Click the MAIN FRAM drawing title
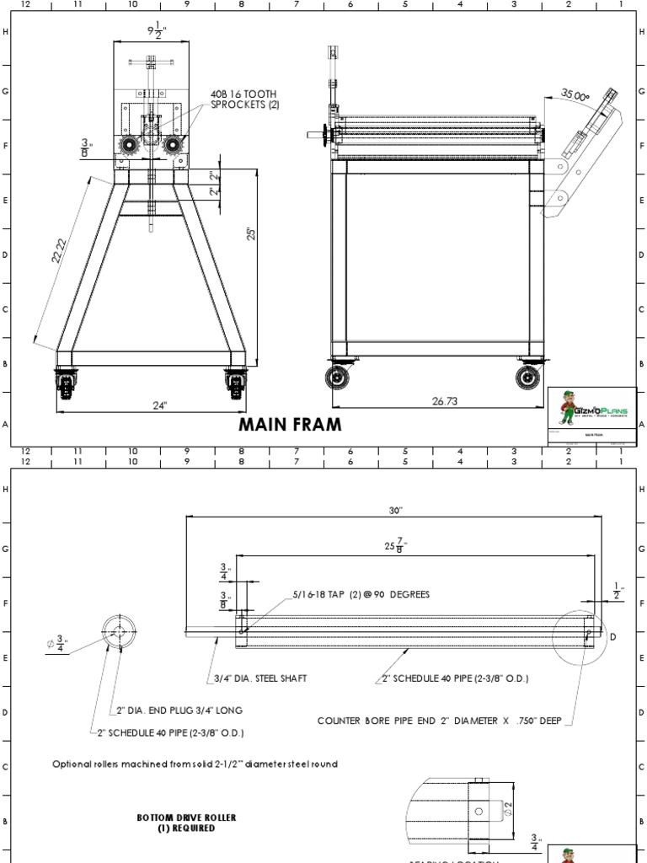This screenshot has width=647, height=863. coord(291,425)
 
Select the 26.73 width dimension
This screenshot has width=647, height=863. coord(444,401)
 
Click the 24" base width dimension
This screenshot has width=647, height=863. coord(160,405)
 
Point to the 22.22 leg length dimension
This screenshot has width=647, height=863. coord(59,252)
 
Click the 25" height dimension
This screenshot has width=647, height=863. coord(250,233)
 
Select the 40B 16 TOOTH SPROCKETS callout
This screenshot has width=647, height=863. coord(244,99)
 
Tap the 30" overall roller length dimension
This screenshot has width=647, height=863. coord(396,511)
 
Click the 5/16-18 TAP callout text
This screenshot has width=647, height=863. coord(361,594)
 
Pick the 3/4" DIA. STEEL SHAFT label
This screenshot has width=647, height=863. coord(255,678)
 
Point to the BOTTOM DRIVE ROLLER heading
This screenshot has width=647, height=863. coord(186,823)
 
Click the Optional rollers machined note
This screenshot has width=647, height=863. coord(195,764)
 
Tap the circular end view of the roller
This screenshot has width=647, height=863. coord(119,632)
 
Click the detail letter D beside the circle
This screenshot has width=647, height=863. coord(612,636)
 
